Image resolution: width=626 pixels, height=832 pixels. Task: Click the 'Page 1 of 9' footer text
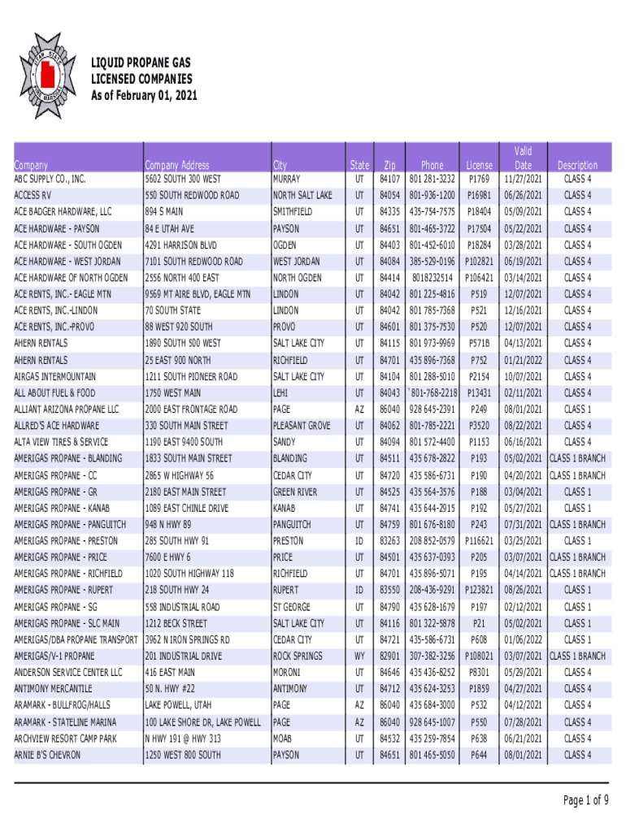(585, 800)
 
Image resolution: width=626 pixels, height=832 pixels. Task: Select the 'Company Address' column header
(176, 165)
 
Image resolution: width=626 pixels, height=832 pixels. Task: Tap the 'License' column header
(479, 165)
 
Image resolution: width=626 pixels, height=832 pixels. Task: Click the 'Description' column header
(577, 165)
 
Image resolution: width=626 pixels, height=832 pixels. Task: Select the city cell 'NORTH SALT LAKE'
(302, 196)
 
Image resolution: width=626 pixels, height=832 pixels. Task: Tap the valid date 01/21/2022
(523, 360)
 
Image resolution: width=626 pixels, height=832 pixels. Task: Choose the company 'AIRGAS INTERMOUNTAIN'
(55, 377)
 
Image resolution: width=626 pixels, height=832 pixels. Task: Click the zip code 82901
(389, 656)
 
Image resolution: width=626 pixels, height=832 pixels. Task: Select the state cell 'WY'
(359, 656)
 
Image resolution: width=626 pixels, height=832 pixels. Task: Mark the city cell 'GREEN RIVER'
(295, 492)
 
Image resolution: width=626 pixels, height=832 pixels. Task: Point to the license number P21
(479, 623)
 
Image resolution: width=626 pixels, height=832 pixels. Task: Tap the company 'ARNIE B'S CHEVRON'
(48, 755)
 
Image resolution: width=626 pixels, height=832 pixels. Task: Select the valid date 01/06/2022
(523, 639)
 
